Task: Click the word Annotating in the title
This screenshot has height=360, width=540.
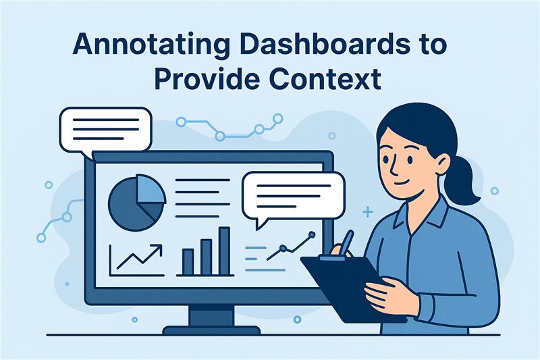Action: point(151,45)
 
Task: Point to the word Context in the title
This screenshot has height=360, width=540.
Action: point(325,78)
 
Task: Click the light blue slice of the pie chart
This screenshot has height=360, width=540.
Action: point(148,190)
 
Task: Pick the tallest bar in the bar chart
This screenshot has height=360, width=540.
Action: point(224,251)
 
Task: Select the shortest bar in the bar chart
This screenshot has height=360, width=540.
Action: point(188,262)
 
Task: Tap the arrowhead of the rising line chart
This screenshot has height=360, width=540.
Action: point(157,249)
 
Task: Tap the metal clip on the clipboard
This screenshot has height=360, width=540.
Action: point(332,257)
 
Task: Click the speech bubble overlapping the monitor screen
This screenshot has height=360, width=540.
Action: point(293,197)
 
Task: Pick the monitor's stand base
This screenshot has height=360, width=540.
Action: point(211,330)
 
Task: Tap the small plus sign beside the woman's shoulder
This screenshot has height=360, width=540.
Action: point(368,212)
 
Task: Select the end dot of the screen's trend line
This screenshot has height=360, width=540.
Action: point(312,234)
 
